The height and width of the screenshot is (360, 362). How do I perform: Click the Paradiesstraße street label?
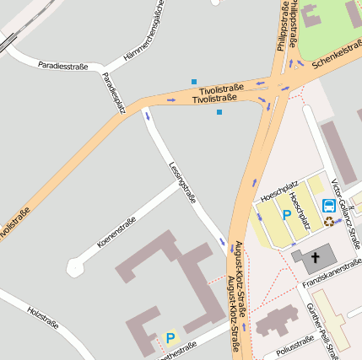click(63, 65)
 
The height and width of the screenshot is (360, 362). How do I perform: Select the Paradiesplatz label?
click(113, 93)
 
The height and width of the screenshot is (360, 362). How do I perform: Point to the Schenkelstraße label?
click(336, 55)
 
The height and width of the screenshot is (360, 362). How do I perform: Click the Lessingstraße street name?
click(182, 183)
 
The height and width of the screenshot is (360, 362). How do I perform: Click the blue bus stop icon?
click(328, 205)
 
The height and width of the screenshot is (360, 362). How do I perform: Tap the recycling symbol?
click(328, 221)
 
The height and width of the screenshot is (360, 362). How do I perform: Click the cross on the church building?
click(316, 256)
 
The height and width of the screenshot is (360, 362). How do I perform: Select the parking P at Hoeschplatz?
click(286, 216)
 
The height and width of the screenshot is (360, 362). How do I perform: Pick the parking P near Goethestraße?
click(170, 338)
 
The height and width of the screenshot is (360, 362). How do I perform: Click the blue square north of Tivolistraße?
click(194, 81)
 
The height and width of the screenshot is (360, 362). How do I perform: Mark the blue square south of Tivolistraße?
click(219, 112)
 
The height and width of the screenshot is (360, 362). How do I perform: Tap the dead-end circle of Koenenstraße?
click(74, 268)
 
